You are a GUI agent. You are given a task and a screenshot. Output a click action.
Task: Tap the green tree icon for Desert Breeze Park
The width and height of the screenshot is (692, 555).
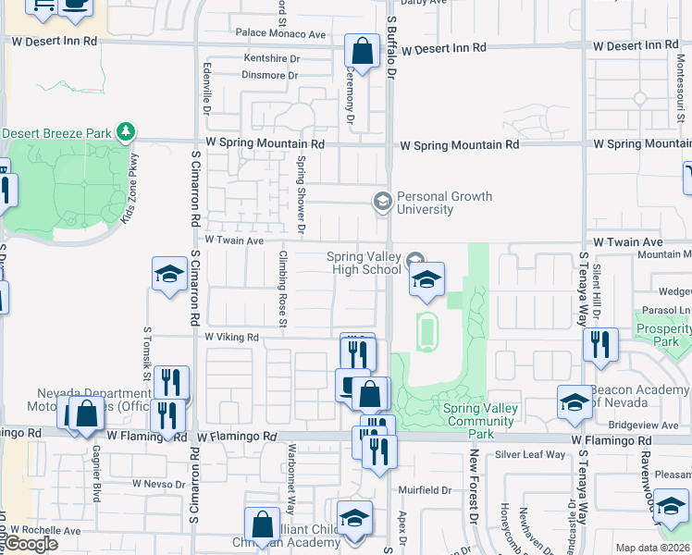[x=127, y=133]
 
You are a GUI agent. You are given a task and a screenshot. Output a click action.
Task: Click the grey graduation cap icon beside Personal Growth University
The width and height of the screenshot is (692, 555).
[x=381, y=201]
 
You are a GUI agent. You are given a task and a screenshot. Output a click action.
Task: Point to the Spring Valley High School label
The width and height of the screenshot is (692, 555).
[x=365, y=263]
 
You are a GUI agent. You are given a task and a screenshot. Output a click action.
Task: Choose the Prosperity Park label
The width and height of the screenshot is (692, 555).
[x=663, y=335]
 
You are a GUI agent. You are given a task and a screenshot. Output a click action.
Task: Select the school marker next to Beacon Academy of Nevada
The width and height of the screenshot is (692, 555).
[x=574, y=402]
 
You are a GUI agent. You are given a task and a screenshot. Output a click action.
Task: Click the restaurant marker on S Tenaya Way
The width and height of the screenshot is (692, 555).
[x=600, y=344]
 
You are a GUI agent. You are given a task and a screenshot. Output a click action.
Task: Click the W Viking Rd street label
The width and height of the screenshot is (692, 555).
[x=231, y=338]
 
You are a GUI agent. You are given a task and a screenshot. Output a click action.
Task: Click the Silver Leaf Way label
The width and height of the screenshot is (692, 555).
[x=529, y=454]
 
